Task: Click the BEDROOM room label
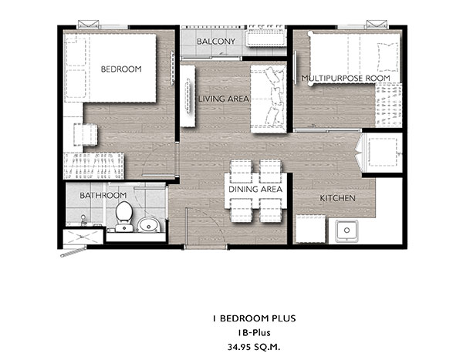[121, 69]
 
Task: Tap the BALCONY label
[216, 42]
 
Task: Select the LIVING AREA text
[224, 99]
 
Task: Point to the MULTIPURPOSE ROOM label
[346, 78]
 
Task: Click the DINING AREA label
[255, 189]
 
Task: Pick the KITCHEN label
[337, 198]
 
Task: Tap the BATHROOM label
[103, 195]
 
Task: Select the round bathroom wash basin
[149, 225]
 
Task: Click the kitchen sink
[346, 230]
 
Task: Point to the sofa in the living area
[269, 99]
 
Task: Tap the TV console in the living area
[188, 96]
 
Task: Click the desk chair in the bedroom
[86, 135]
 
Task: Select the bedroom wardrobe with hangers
[93, 166]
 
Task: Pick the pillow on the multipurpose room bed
[387, 57]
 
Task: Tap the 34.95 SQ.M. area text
[254, 347]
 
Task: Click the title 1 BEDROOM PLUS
[254, 318]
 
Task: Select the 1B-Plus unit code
[254, 333]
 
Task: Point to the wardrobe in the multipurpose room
[389, 106]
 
